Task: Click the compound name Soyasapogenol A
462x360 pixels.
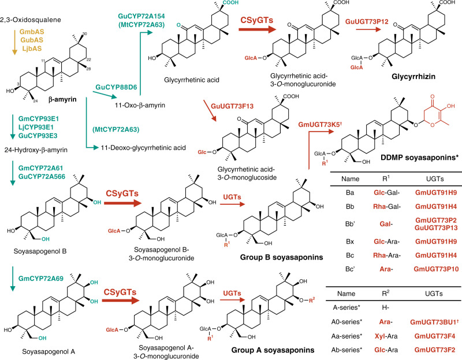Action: click(30, 350)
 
